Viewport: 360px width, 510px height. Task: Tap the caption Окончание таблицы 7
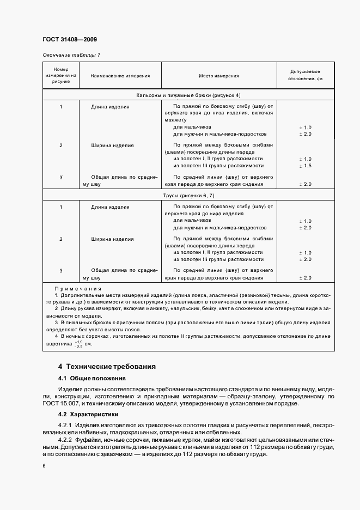pyautogui.click(x=71, y=55)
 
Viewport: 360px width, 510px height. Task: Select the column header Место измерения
pyautogui.click(x=217, y=76)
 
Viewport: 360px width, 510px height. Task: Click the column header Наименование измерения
pyautogui.click(x=120, y=76)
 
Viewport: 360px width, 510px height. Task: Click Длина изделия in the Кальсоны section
pyautogui.click(x=110, y=107)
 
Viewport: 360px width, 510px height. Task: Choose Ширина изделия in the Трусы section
pyautogui.click(x=112, y=239)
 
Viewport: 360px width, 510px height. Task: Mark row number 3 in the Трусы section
pyautogui.click(x=61, y=270)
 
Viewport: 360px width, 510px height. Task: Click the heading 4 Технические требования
pyautogui.click(x=107, y=366)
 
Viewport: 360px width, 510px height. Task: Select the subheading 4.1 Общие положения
pyautogui.click(x=91, y=378)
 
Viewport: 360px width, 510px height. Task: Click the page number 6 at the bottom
pyautogui.click(x=44, y=466)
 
